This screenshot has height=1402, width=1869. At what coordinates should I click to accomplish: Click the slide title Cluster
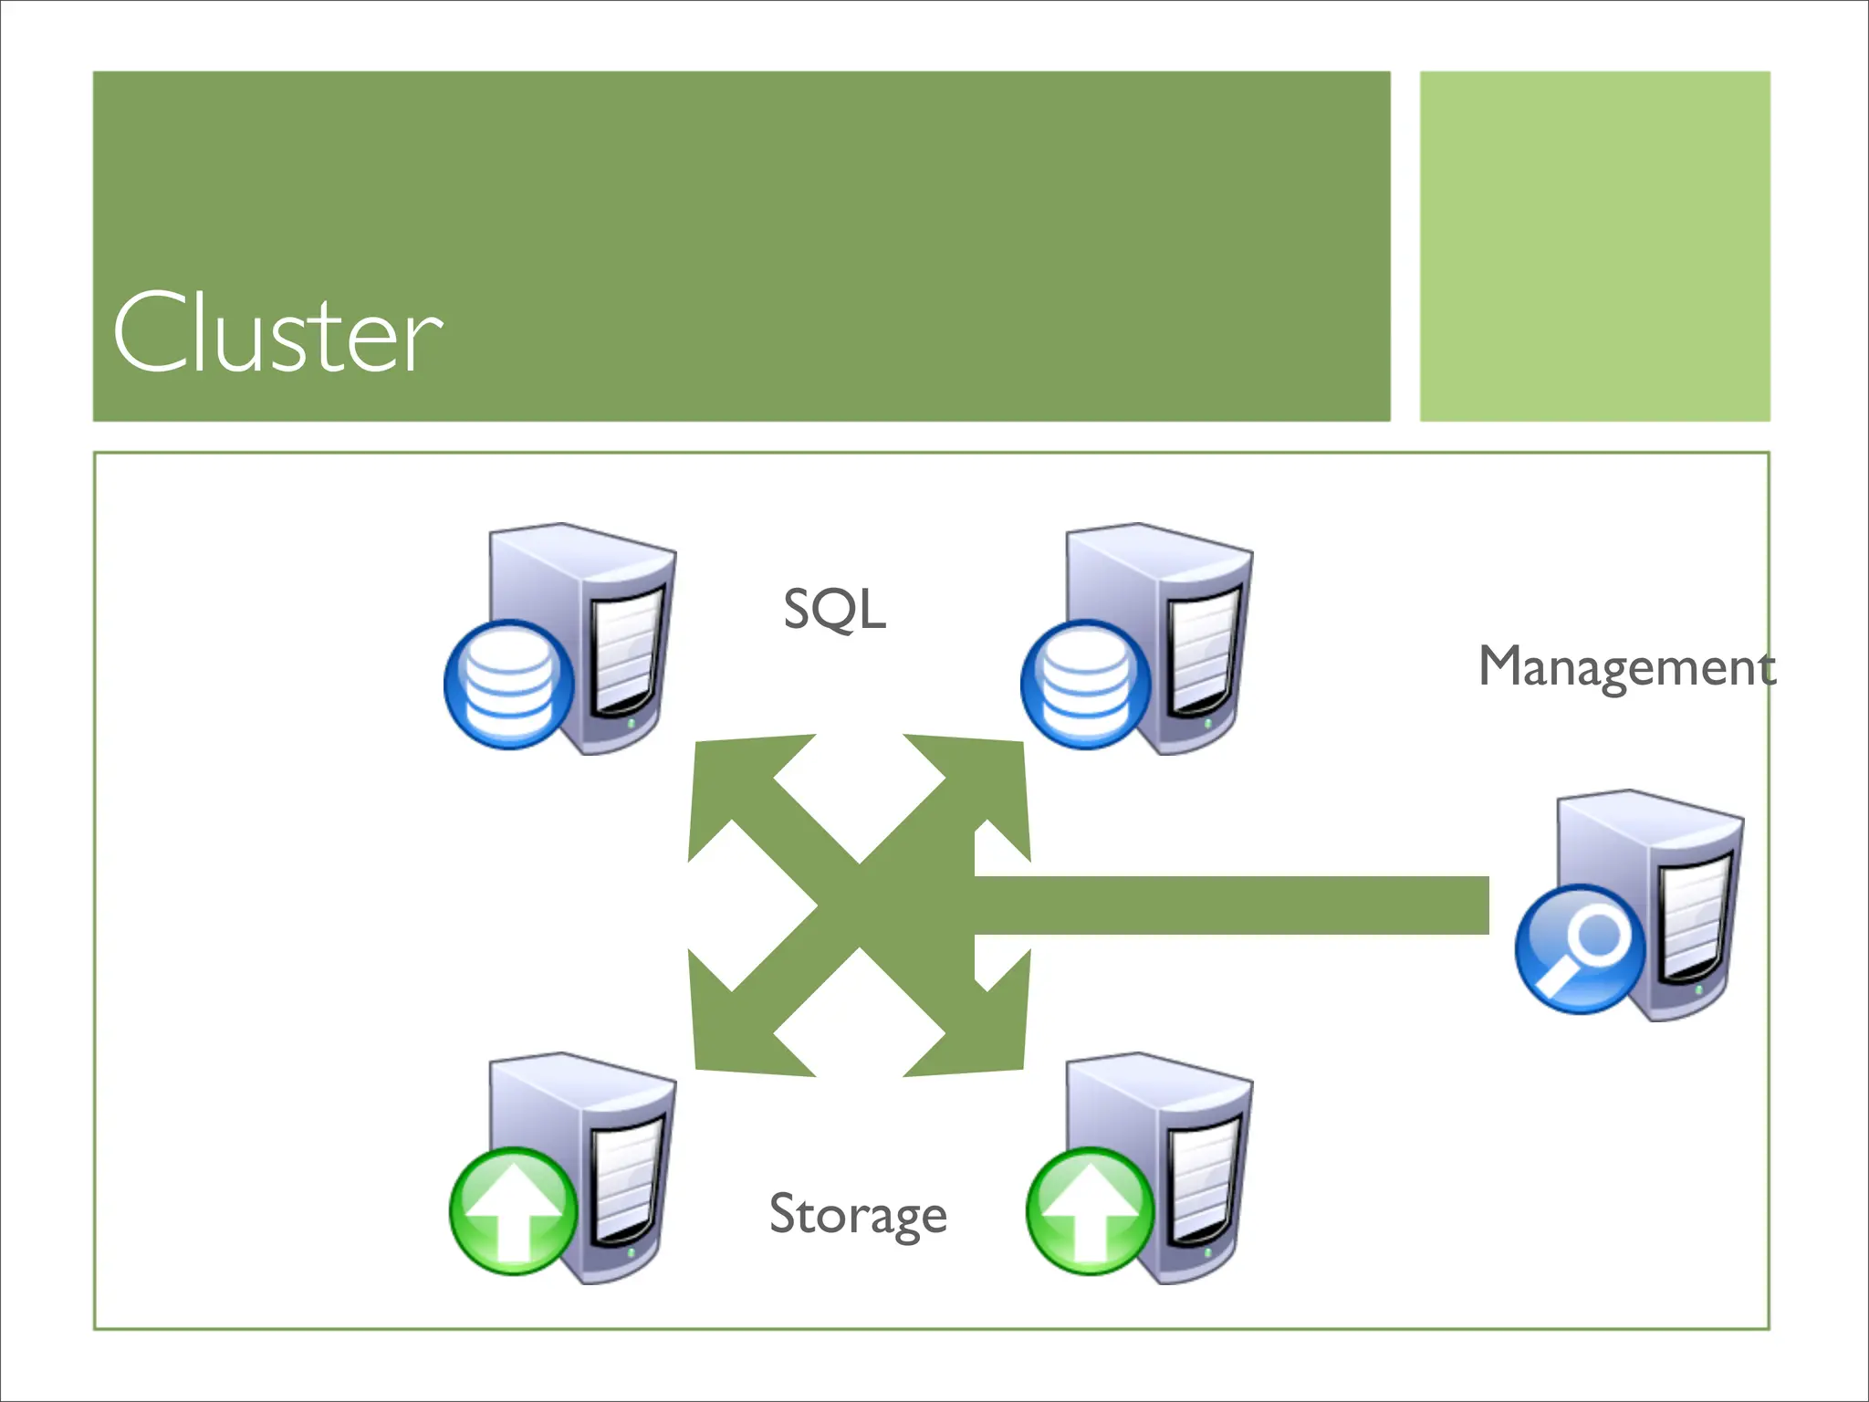pos(277,333)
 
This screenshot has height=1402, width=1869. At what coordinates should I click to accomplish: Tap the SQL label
pos(834,610)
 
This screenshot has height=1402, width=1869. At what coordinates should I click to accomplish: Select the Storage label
pos(858,1215)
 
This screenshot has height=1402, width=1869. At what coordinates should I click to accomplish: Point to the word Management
pos(1626,667)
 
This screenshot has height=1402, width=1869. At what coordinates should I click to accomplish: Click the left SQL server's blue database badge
pos(508,685)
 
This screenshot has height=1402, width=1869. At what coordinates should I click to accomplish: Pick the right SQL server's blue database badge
pos(1085,685)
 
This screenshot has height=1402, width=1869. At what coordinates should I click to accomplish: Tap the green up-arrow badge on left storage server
pos(514,1211)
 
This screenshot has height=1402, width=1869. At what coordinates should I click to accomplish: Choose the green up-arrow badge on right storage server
pos(1091,1211)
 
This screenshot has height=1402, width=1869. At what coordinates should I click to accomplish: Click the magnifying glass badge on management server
pos(1580,949)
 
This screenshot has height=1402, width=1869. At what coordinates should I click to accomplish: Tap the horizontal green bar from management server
pos(1232,905)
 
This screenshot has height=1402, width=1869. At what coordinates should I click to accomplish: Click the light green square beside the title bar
pos(1594,246)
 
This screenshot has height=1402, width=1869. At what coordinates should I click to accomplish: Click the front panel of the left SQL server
pos(628,653)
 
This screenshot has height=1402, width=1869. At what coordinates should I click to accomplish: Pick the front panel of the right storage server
pos(1205,1182)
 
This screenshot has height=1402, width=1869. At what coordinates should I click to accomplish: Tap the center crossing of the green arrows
pos(860,905)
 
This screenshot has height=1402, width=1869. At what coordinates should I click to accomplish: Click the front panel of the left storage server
pos(628,1182)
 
